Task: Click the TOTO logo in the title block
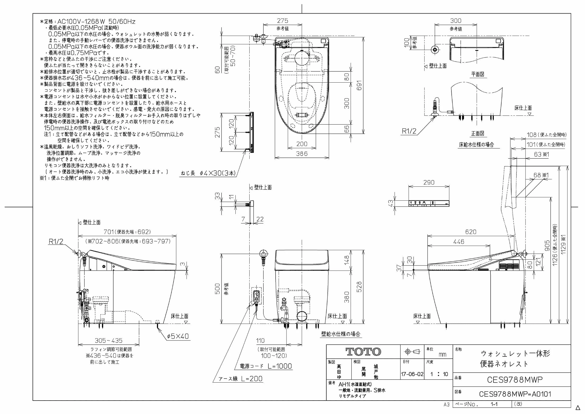point(363,352)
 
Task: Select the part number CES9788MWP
point(515,380)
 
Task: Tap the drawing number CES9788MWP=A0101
point(515,394)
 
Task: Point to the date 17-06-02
point(412,374)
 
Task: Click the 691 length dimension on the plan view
point(359,85)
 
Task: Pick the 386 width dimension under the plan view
point(302,154)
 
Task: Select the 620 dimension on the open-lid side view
point(471,232)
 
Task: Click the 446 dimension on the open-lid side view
point(459,242)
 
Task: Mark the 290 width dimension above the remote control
point(429,182)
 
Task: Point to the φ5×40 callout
point(178,336)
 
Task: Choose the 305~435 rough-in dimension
point(108,341)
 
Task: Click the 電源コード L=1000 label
point(266,366)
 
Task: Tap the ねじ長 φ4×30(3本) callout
point(208,173)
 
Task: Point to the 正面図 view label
point(478,133)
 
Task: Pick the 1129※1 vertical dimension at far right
point(563,244)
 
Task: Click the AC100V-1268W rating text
point(96,22)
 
